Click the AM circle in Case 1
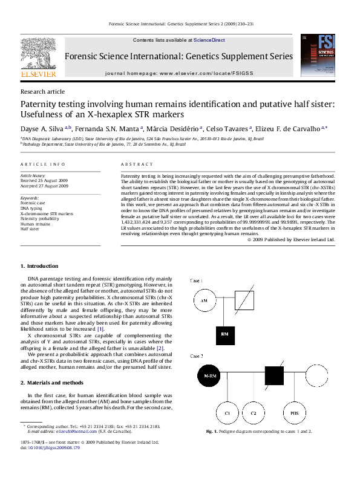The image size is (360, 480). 204,301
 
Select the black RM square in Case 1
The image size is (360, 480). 224,334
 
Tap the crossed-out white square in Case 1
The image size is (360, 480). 244,300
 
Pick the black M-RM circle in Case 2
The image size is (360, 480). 209,376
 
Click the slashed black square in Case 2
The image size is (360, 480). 274,375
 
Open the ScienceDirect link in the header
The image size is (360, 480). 209,40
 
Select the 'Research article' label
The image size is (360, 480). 42,91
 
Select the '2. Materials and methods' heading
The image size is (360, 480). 53,383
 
